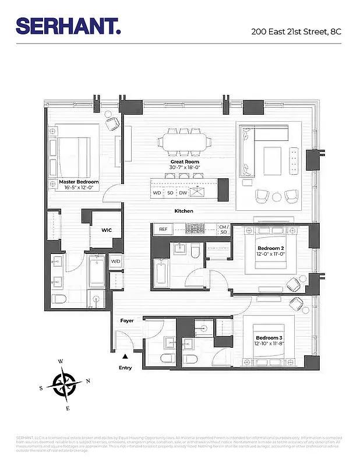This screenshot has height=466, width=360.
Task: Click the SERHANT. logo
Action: [68, 26]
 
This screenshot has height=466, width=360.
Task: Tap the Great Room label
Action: [184, 162]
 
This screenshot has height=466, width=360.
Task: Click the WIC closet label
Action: [107, 230]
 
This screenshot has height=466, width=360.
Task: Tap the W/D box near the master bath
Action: [115, 260]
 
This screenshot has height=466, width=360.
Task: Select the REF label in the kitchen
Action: [163, 230]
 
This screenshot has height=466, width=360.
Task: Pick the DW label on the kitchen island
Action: [183, 192]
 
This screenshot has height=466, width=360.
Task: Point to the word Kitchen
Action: [184, 211]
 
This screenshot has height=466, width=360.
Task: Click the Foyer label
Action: [127, 321]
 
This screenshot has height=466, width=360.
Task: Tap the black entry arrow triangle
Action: [125, 356]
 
